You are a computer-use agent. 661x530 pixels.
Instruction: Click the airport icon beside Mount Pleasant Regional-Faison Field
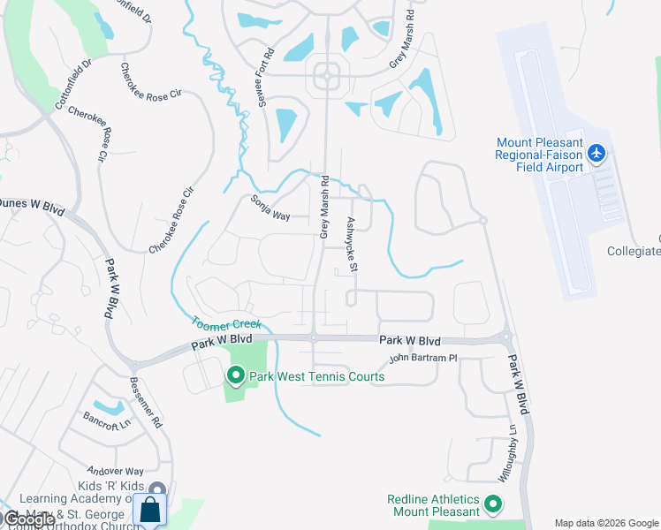(596, 155)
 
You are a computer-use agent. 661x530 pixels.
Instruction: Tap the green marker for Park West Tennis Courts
(236, 375)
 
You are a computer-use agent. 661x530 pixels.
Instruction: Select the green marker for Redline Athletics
(493, 505)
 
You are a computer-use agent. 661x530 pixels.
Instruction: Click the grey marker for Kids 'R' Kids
(157, 489)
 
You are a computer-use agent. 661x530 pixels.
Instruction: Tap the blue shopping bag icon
(150, 511)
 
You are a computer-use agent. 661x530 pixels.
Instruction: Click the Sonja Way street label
(270, 208)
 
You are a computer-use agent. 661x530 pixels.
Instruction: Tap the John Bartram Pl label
(423, 358)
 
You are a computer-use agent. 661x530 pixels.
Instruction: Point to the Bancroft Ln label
(101, 420)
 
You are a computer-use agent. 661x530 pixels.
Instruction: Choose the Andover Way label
(115, 472)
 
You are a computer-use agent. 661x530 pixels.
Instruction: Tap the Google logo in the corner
(29, 519)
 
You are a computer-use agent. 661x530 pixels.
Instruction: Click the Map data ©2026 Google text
(606, 523)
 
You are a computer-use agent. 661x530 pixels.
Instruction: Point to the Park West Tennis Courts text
(316, 377)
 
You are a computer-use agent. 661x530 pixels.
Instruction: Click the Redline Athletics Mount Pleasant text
(433, 505)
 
